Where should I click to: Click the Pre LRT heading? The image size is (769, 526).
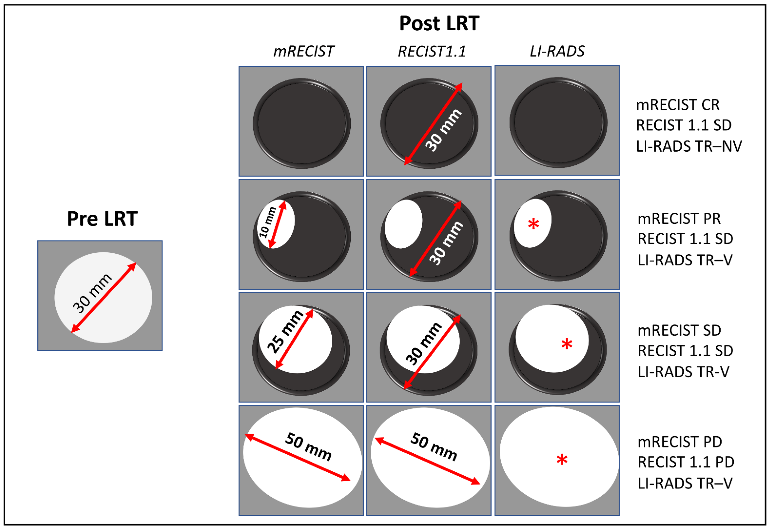click(x=102, y=219)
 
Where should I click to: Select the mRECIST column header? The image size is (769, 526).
click(x=303, y=51)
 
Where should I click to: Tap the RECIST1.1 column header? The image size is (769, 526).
click(x=432, y=51)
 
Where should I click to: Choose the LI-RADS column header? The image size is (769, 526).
click(x=557, y=51)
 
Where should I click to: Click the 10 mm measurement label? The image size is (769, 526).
click(x=267, y=222)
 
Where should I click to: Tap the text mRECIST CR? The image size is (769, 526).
click(x=678, y=105)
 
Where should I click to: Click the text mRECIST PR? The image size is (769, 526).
click(x=679, y=219)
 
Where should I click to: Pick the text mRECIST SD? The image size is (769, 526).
click(x=679, y=330)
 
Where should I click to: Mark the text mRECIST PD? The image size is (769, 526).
click(x=680, y=442)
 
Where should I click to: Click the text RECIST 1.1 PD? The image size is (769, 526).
click(x=686, y=462)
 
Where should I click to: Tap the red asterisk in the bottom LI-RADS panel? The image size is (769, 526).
click(x=562, y=460)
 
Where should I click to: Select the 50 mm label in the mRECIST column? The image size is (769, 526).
click(x=308, y=447)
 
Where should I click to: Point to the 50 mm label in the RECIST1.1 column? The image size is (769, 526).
click(x=434, y=447)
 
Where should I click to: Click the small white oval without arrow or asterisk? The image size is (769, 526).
click(x=403, y=224)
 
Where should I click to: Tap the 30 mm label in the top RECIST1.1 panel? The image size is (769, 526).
click(x=443, y=130)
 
